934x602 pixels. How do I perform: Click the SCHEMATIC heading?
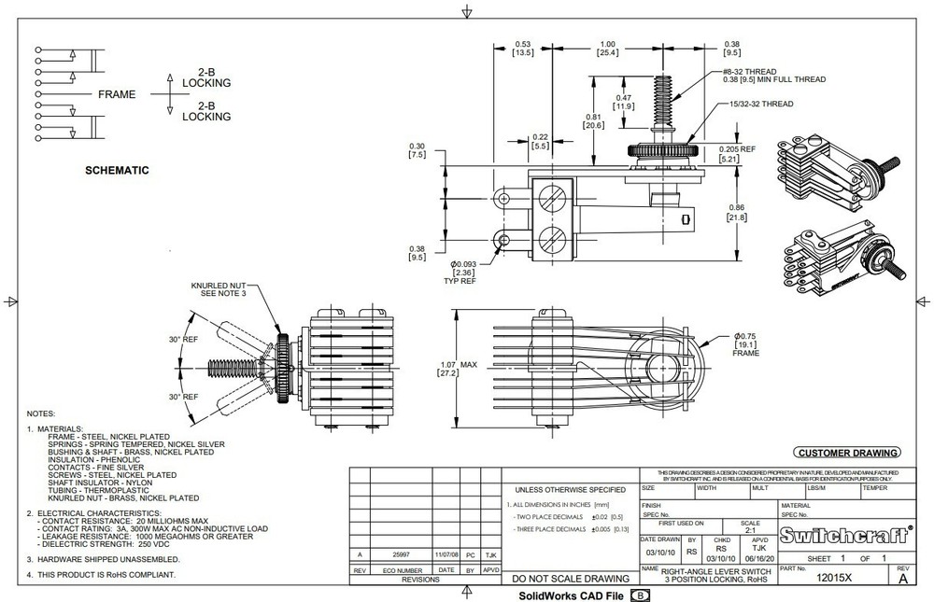117,171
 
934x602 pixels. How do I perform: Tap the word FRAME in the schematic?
117,94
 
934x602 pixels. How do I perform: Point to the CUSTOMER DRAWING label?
848,453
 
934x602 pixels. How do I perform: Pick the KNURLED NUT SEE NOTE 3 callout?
219,287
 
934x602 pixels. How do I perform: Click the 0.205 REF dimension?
736,148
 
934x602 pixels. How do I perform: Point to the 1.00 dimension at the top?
608,44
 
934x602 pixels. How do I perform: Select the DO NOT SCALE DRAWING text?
570,579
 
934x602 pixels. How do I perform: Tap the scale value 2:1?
743,529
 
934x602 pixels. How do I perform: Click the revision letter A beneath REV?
902,579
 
